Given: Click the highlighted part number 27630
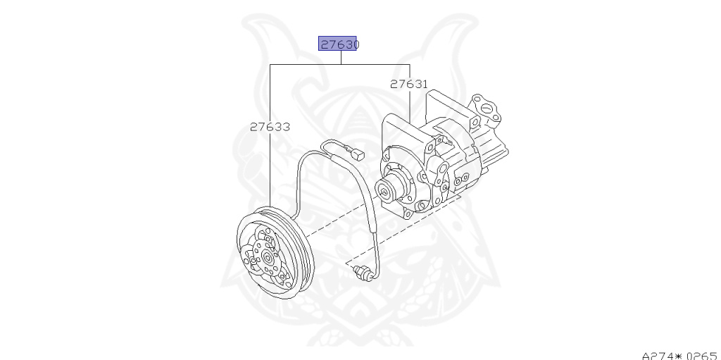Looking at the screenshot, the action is point(339,44).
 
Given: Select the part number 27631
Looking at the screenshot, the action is point(409,85).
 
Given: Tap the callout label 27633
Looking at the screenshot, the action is point(270,127).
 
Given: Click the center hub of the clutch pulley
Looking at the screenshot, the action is point(268,258).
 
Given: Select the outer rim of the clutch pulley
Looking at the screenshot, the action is point(275,253).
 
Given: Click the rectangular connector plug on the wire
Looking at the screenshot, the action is point(357,154).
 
